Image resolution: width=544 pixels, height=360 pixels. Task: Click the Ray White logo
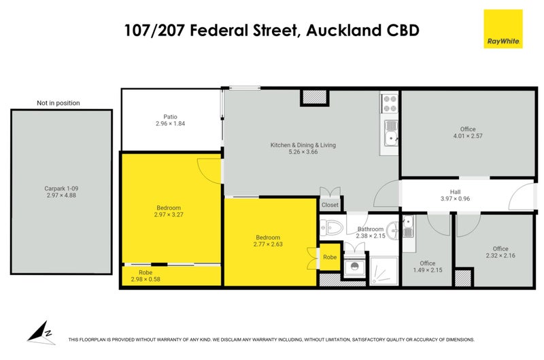click(503, 29)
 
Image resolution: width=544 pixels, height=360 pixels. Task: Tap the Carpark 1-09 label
click(61, 191)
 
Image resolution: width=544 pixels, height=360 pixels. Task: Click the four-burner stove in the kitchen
click(390, 103)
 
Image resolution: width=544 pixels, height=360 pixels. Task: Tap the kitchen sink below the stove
click(390, 134)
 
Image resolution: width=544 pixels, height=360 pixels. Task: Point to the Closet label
click(330, 204)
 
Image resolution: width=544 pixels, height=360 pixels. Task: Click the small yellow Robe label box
click(330, 257)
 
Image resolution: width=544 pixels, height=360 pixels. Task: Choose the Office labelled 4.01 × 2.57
click(467, 133)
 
